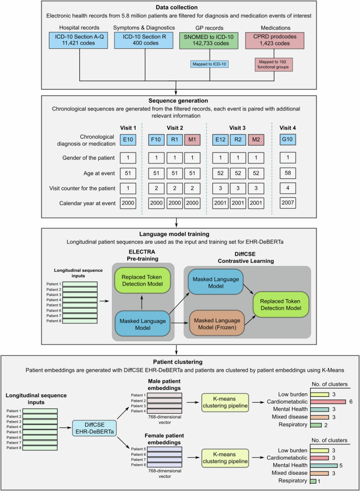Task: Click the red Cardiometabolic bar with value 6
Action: tap(327, 401)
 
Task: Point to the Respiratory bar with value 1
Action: tap(313, 480)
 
